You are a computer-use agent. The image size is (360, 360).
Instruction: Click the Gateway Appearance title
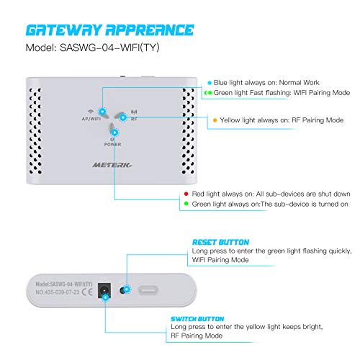pos(109,30)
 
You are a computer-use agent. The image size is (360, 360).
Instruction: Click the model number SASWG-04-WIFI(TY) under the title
pos(109,48)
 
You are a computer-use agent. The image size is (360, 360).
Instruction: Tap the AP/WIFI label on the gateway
pos(91,119)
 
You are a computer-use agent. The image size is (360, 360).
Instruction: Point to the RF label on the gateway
pos(134,119)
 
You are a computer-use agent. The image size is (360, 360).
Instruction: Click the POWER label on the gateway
pos(112,145)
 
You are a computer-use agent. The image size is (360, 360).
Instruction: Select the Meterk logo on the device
pos(112,165)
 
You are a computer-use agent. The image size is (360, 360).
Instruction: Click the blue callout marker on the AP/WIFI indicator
pos(103,112)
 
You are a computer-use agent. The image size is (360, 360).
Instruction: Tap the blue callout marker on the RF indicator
pos(123,117)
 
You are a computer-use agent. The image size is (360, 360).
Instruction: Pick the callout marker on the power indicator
pos(115,132)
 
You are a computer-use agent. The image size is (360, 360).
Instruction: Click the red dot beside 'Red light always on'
pos(186,194)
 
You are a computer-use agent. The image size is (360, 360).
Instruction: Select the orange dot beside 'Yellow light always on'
pos(215,120)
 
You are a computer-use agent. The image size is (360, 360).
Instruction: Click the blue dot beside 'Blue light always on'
pos(210,83)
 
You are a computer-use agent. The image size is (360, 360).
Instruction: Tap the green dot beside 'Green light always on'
pos(186,204)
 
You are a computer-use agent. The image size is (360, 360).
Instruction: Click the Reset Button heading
pos(220,242)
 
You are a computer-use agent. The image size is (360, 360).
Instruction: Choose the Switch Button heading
pos(197,319)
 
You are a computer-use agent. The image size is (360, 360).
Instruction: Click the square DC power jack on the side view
pos(104,290)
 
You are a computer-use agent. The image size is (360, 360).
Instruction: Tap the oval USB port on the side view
pos(148,291)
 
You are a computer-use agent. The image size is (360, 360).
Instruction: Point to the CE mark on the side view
pos(87,292)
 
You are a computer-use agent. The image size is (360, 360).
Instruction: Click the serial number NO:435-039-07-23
pos(58,292)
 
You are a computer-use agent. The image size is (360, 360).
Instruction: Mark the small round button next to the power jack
pos(123,290)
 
